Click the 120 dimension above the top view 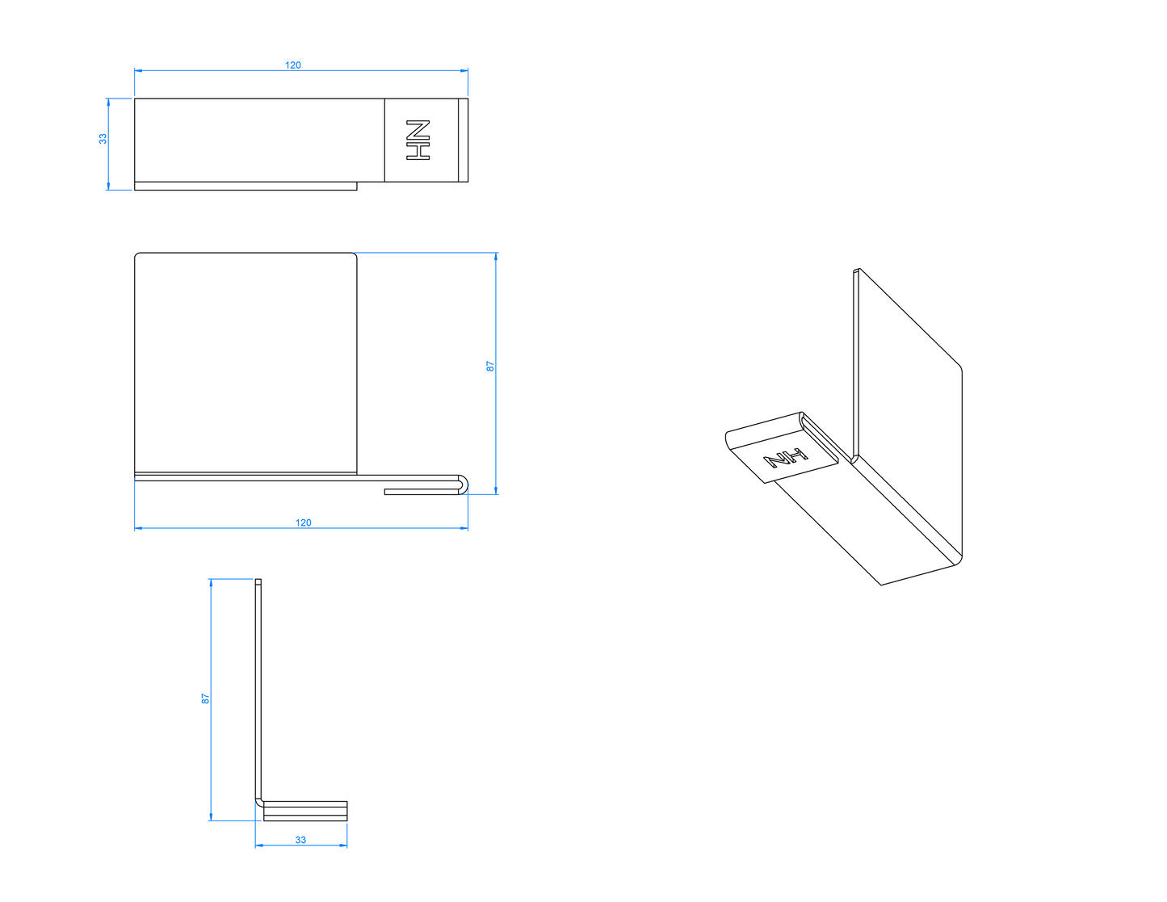coord(292,65)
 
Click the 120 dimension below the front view coord(304,522)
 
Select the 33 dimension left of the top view coord(103,139)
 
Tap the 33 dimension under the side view coord(300,840)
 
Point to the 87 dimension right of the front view coord(489,366)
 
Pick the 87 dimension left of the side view coord(205,699)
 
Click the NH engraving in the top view coord(418,140)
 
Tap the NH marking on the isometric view coord(786,457)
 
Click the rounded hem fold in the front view coord(463,485)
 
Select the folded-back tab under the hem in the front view coord(422,492)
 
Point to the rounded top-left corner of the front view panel coord(137,255)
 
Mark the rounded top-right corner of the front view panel coord(354,255)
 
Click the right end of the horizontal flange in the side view coord(347,812)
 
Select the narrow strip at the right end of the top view coord(463,141)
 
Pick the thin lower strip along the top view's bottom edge coord(246,186)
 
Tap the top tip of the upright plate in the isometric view coord(857,270)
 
